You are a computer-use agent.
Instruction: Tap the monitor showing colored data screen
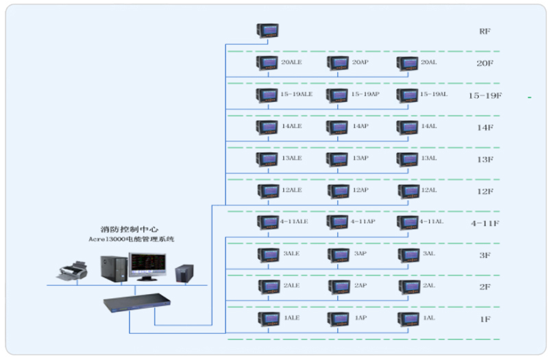point(149,266)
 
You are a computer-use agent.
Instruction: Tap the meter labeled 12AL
point(407,191)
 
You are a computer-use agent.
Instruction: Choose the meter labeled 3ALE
point(268,254)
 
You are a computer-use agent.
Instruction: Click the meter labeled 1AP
point(338,319)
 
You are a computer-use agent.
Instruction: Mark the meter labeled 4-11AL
point(407,223)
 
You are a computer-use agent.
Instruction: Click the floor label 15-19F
point(485,95)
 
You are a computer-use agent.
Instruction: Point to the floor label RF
point(485,32)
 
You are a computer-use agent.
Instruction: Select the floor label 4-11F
point(485,223)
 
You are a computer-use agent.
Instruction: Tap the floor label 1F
point(485,319)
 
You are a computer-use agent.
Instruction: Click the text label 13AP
point(360,158)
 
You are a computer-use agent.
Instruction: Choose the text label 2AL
point(429,285)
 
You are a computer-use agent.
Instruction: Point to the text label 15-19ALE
point(297,94)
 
